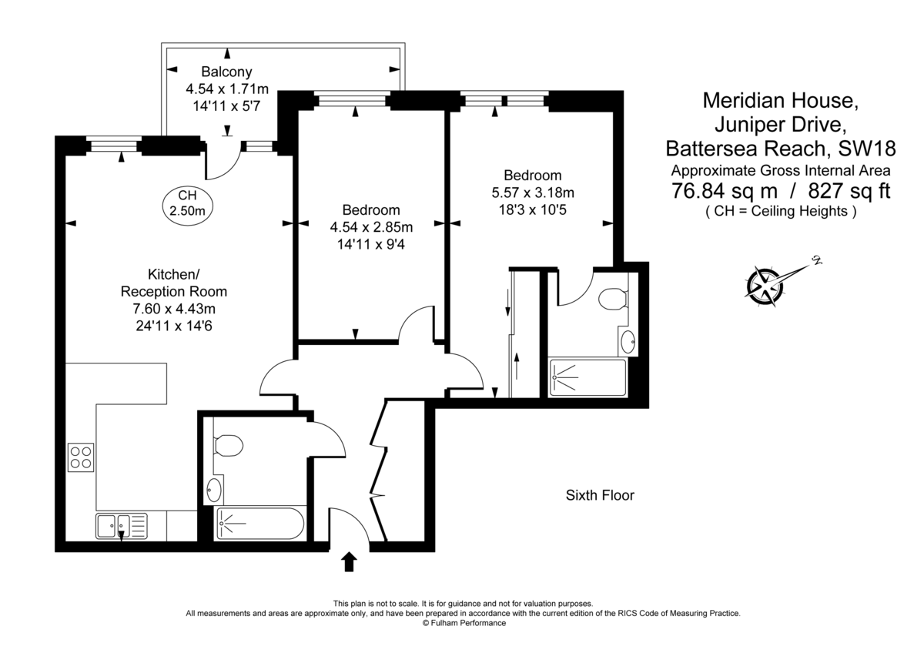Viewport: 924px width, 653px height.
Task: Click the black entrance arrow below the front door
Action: coord(349,561)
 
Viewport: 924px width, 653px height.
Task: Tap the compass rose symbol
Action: coord(765,286)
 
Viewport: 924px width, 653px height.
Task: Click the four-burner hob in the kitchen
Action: coord(81,457)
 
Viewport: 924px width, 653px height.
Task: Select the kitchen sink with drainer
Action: coord(122,526)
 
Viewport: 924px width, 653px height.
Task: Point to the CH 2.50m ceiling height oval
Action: coord(187,205)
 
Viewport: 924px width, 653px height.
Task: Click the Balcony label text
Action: coord(226,72)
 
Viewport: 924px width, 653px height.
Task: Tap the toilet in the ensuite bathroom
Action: coord(612,299)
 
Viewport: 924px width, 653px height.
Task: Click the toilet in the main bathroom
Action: coord(228,445)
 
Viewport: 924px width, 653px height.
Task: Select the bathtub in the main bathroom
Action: coord(261,523)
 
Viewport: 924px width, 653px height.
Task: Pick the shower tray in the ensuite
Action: coord(588,377)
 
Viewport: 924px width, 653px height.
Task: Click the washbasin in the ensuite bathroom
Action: coord(628,342)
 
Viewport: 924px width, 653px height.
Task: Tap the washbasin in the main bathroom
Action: coord(214,490)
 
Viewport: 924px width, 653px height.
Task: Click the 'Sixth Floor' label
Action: coord(600,495)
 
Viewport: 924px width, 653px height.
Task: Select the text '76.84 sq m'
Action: coord(725,190)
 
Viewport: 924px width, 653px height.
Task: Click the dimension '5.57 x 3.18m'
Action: coord(533,193)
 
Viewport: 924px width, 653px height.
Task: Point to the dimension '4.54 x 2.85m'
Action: coord(371,227)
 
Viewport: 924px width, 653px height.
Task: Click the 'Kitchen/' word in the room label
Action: coord(174,274)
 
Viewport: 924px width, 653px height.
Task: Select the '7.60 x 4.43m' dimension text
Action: coord(174,309)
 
